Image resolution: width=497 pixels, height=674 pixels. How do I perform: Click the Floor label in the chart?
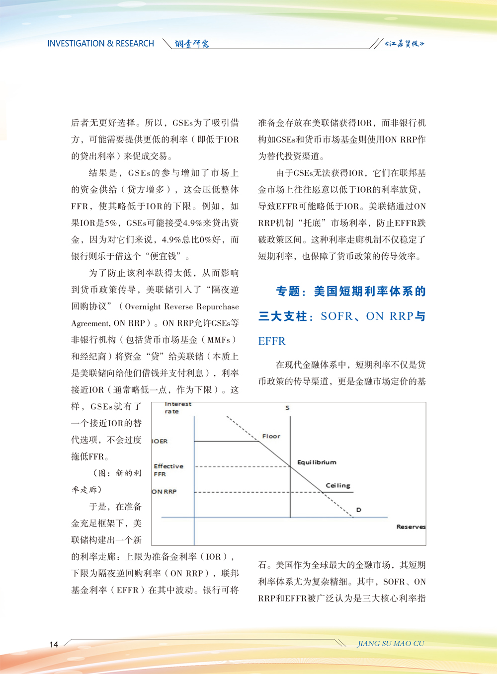(271, 436)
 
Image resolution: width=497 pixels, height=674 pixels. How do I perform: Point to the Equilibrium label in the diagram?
(317, 462)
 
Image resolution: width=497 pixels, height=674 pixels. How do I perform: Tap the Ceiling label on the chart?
(338, 485)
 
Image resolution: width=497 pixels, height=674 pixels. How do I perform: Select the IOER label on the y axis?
(160, 441)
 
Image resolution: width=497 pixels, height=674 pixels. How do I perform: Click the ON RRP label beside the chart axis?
(165, 492)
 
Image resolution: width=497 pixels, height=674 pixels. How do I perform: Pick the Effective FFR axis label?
(168, 470)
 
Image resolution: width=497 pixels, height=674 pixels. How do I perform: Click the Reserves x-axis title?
(411, 526)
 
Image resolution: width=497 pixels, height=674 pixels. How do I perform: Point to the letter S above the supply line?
(287, 408)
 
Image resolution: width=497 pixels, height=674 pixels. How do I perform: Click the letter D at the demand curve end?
(358, 510)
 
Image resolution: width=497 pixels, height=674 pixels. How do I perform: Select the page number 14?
(54, 644)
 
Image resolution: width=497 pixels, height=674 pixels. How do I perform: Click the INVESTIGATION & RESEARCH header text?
(101, 44)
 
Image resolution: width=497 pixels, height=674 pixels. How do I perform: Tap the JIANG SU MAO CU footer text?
(391, 643)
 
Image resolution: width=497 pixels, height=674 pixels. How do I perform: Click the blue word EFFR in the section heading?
(272, 341)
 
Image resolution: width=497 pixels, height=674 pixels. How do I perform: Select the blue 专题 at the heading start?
(288, 292)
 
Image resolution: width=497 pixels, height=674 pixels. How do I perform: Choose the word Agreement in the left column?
(90, 323)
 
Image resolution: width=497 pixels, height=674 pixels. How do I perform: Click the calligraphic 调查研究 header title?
(192, 44)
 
